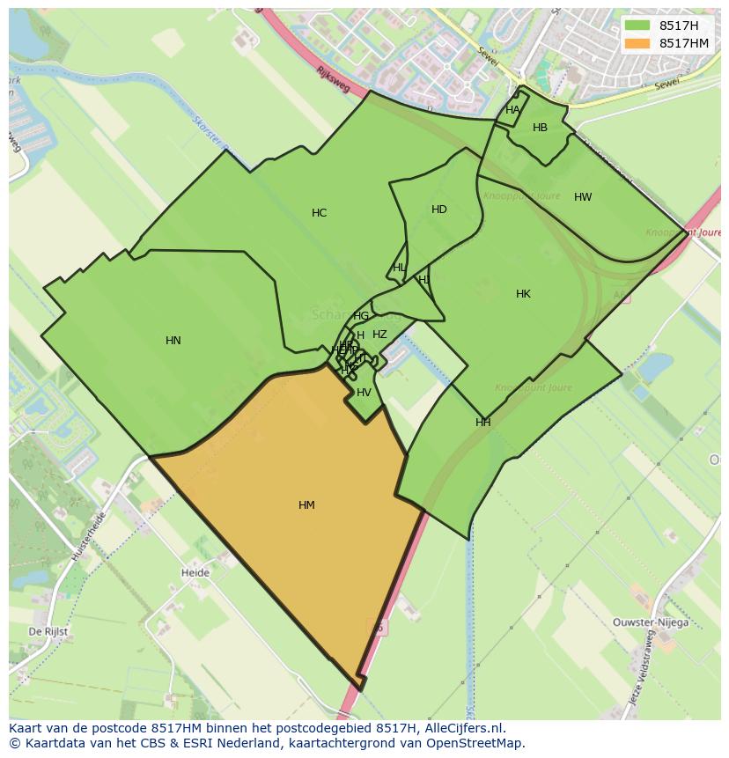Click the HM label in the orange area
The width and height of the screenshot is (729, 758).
pyautogui.click(x=306, y=505)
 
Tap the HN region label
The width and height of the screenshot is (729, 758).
pyautogui.click(x=173, y=341)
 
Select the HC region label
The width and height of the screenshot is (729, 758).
pyautogui.click(x=319, y=213)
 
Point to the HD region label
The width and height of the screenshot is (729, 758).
pyautogui.click(x=439, y=210)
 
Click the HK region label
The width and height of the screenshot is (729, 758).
pyautogui.click(x=523, y=294)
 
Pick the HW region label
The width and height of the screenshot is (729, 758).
pyautogui.click(x=583, y=197)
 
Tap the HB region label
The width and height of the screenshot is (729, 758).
pyautogui.click(x=540, y=128)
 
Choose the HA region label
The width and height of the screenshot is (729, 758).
pyautogui.click(x=512, y=110)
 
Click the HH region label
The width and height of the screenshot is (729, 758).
pyautogui.click(x=482, y=423)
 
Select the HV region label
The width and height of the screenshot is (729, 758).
pyautogui.click(x=364, y=393)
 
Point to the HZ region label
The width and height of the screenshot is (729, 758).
pyautogui.click(x=379, y=335)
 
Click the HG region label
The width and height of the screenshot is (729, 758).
pyautogui.click(x=361, y=316)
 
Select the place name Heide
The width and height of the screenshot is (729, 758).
pyautogui.click(x=195, y=573)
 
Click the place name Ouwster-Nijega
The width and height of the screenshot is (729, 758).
pyautogui.click(x=651, y=622)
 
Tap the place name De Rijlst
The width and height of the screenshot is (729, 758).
pyautogui.click(x=48, y=632)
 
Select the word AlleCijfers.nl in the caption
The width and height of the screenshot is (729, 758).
pyautogui.click(x=463, y=728)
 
